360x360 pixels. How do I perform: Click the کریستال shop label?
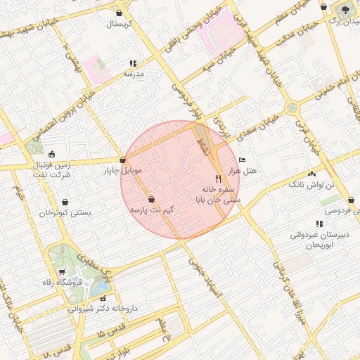[124, 24]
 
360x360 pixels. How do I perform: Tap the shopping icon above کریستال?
[120, 13]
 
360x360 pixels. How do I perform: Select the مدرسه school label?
[134, 73]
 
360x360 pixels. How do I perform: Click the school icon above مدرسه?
[132, 63]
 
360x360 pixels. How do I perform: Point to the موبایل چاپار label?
[124, 171]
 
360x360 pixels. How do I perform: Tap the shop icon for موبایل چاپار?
[123, 160]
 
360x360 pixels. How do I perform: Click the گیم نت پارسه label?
[151, 210]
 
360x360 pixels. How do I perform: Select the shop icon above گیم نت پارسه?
[153, 200]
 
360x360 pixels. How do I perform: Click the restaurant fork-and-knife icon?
[218, 179]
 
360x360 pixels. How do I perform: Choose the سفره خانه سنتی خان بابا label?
[217, 195]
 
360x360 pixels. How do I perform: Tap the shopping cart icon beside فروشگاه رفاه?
[62, 272]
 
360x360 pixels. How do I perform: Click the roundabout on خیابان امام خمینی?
[291, 108]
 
